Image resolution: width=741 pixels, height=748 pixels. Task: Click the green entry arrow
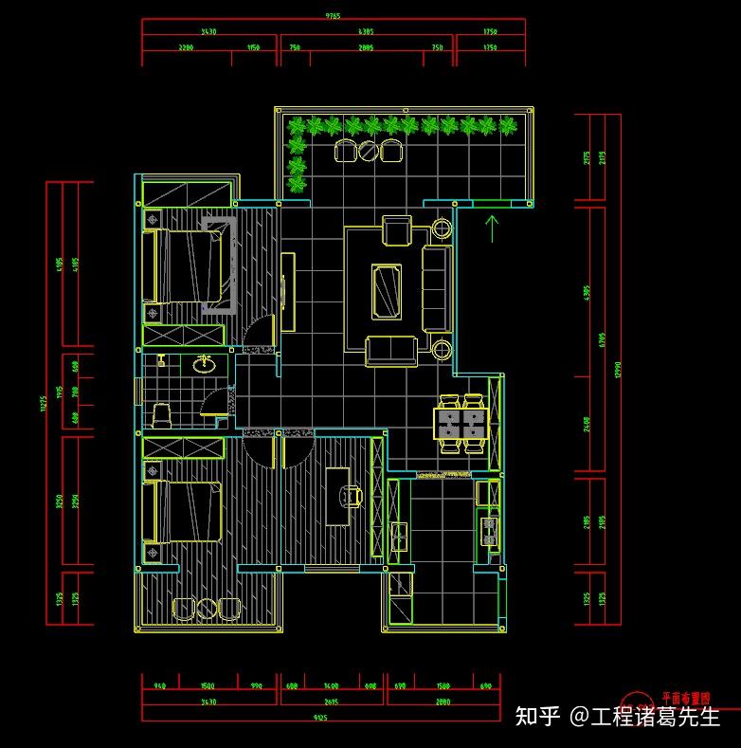point(492,228)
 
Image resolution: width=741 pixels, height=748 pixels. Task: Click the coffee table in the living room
point(387,289)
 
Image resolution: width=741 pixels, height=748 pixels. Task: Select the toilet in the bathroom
point(161,414)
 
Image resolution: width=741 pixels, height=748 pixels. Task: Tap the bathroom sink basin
point(204,362)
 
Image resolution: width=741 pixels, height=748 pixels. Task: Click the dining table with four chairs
point(460,423)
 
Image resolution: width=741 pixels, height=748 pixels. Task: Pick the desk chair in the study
point(353,494)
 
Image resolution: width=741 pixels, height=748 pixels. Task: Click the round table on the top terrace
point(368,150)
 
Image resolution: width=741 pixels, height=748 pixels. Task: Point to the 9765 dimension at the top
point(333,16)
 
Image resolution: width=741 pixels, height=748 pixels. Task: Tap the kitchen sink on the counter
point(399,536)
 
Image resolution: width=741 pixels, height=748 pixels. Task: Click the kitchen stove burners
point(490,531)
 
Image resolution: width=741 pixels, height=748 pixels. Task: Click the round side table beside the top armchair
point(443,228)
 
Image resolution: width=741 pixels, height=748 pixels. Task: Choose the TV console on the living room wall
point(288,291)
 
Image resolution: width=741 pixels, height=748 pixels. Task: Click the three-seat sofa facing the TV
point(437,289)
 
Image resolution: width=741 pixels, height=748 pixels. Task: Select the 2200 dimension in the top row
point(186,47)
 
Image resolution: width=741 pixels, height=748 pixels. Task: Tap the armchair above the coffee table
point(397,230)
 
